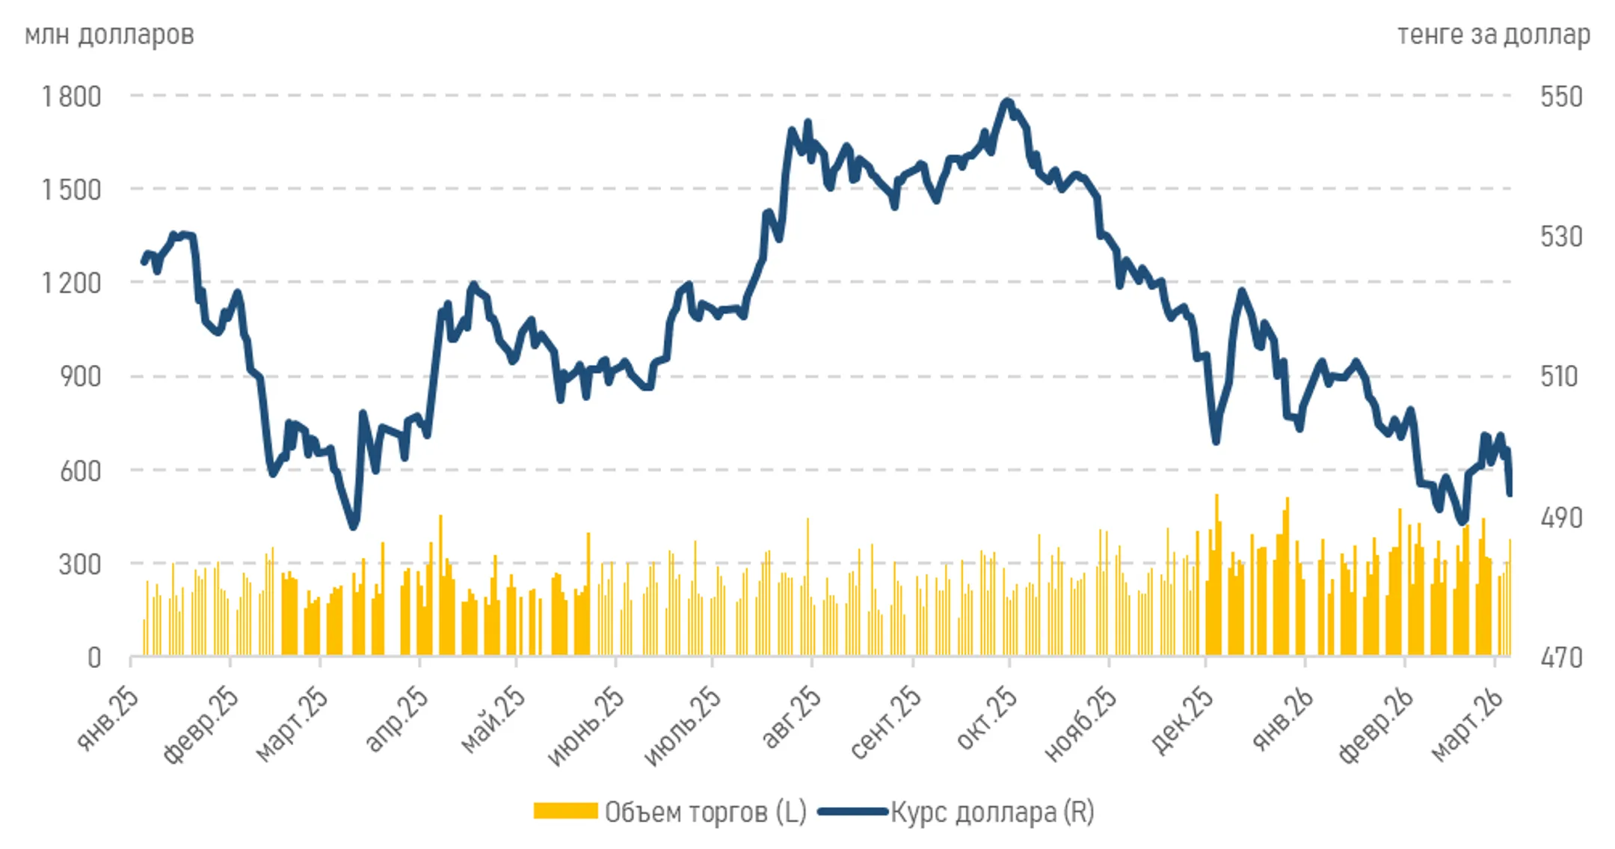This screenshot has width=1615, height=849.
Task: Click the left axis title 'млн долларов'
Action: [109, 35]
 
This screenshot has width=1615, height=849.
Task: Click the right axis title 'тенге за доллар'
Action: [1493, 35]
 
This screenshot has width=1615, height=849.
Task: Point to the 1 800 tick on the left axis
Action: [71, 96]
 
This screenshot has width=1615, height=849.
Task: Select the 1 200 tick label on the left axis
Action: [71, 283]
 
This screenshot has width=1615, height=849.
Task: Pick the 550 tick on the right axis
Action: [1561, 96]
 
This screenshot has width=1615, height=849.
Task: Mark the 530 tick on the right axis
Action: [1561, 237]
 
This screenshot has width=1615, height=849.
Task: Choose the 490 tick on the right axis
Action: [1561, 518]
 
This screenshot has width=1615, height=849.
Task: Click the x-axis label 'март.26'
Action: [1467, 724]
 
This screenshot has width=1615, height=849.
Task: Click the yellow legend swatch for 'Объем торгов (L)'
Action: [565, 812]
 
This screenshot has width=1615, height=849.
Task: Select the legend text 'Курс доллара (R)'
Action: [992, 812]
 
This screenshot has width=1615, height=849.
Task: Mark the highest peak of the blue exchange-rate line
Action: [1008, 101]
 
